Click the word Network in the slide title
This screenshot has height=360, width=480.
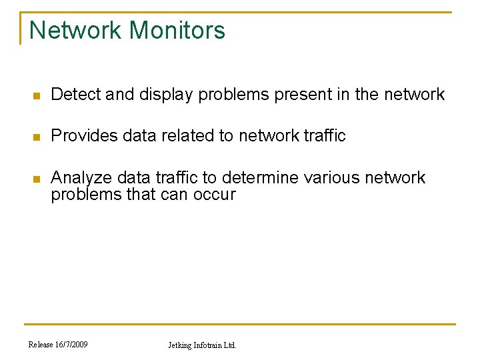[x=75, y=31]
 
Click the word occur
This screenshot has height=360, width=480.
[x=214, y=195]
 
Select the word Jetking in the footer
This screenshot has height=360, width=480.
[x=181, y=345]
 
